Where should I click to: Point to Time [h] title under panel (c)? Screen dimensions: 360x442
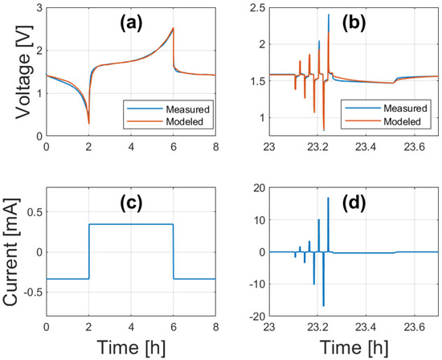tap(131, 347)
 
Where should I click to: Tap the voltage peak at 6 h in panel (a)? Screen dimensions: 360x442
tap(173, 29)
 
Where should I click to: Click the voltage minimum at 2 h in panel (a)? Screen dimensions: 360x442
tap(88, 123)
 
